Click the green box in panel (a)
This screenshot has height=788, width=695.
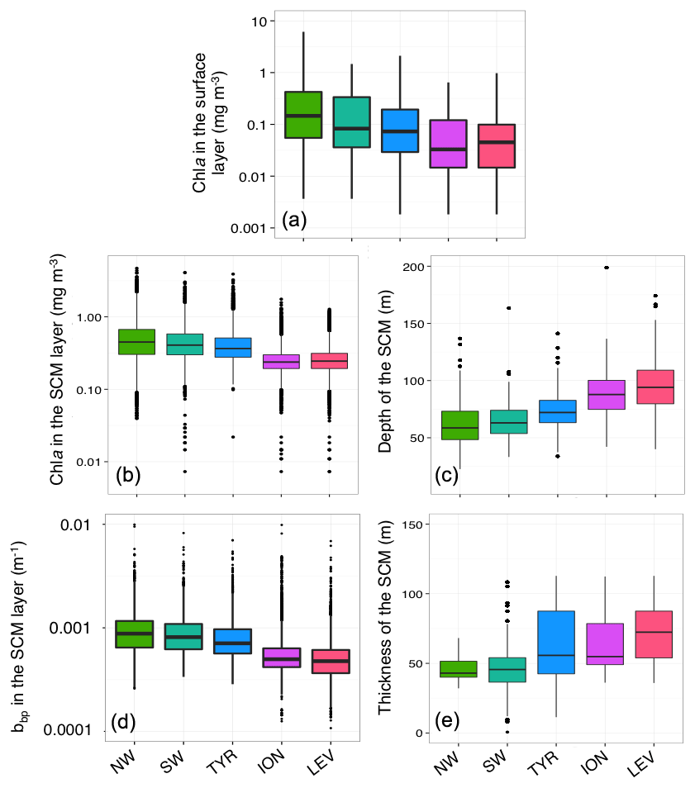click(302, 115)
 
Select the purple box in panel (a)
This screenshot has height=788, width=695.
click(449, 144)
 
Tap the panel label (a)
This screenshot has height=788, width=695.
click(295, 221)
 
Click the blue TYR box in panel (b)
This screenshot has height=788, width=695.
click(233, 347)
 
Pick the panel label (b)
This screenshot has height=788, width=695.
click(130, 474)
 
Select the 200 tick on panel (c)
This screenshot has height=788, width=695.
click(413, 267)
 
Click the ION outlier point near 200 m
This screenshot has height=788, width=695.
click(607, 268)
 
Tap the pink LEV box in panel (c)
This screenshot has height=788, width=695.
click(655, 387)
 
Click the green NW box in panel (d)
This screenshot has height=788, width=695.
click(134, 634)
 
